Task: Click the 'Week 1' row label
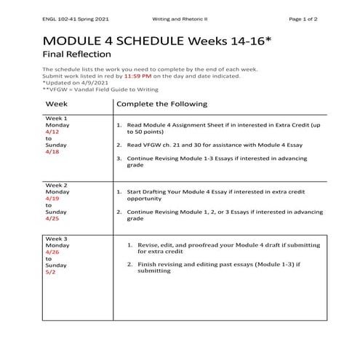56,118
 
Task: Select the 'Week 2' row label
56,185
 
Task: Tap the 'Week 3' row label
56,239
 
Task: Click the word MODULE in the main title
78,38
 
